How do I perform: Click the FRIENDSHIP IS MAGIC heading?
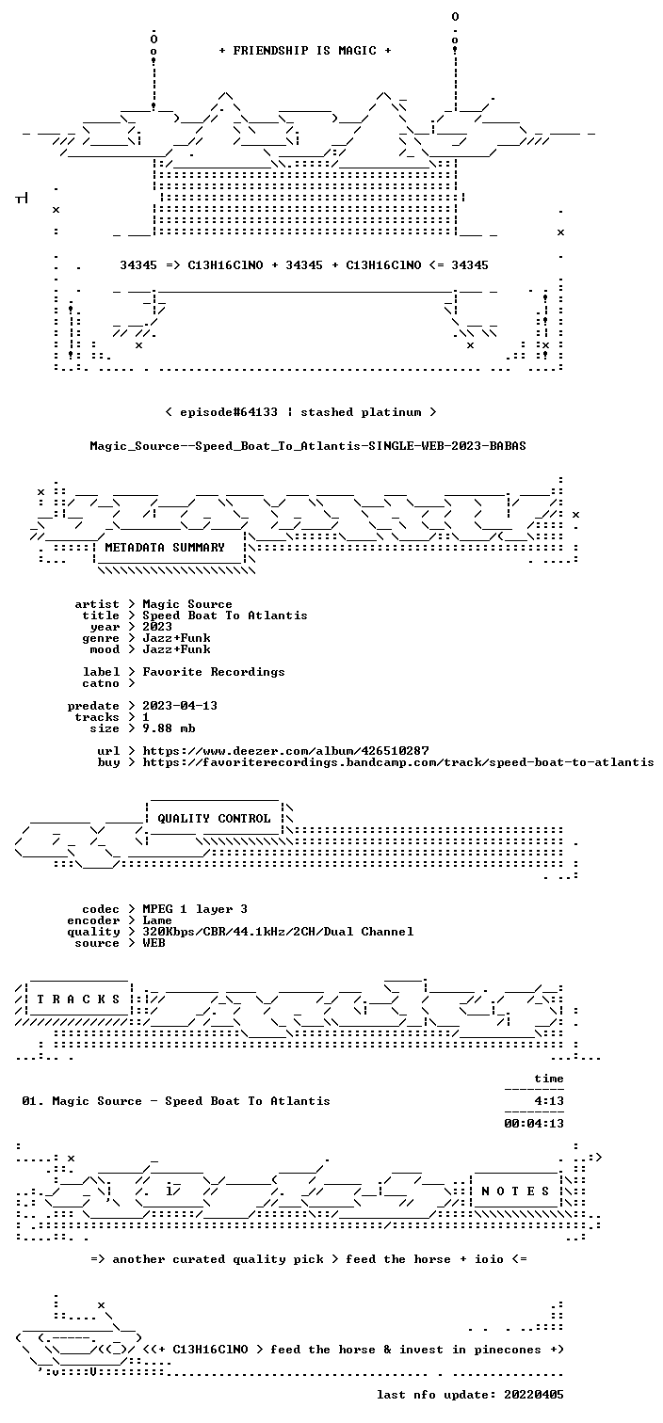click(x=305, y=51)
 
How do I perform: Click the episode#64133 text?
click(x=229, y=412)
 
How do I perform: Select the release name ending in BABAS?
click(x=308, y=446)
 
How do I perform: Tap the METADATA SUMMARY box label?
click(x=165, y=548)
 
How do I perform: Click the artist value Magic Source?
click(x=187, y=604)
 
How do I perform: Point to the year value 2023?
click(x=157, y=627)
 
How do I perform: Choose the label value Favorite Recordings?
click(x=214, y=672)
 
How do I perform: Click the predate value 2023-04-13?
click(x=180, y=706)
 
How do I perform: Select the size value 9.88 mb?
click(x=169, y=728)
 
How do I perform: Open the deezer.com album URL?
click(x=285, y=751)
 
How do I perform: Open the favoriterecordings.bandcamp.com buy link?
click(x=398, y=762)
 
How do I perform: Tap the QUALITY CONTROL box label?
click(x=214, y=819)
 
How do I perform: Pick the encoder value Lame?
click(x=157, y=920)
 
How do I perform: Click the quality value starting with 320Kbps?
click(x=278, y=932)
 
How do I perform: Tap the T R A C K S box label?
click(x=78, y=999)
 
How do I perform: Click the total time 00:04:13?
click(x=534, y=1123)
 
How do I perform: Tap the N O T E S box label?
click(x=515, y=1191)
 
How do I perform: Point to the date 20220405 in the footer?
click(x=534, y=1395)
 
